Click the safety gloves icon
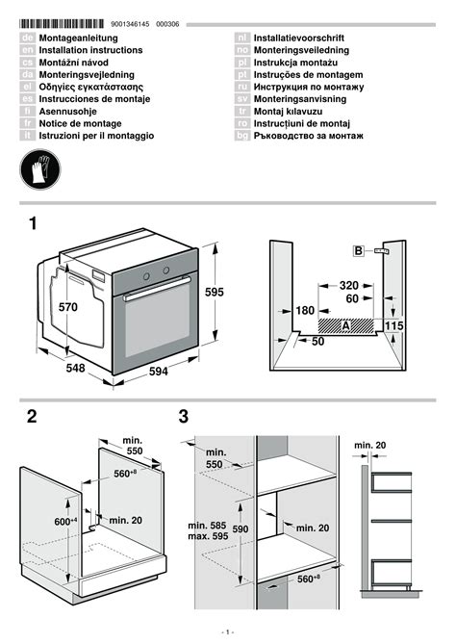click(39, 169)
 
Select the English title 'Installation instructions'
click(90, 50)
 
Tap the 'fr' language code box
click(28, 123)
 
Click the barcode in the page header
click(62, 24)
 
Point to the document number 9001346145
click(130, 24)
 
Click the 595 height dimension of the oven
click(215, 292)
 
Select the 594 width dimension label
click(159, 372)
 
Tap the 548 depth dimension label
click(76, 368)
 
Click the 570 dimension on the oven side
click(67, 307)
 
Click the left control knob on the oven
click(146, 276)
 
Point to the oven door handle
click(158, 289)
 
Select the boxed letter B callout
click(358, 250)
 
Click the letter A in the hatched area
click(346, 326)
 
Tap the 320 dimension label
click(349, 286)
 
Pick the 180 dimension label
click(305, 311)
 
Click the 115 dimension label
click(394, 326)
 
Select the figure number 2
click(32, 417)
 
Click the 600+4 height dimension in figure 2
click(65, 521)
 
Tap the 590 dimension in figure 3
click(241, 529)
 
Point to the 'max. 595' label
click(208, 536)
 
